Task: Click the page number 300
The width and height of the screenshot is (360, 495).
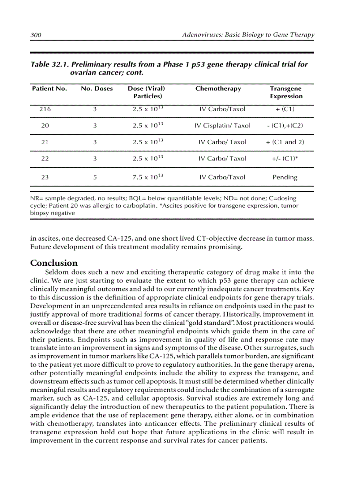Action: click(x=36, y=35)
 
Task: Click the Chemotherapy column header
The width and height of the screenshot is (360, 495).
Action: click(x=218, y=89)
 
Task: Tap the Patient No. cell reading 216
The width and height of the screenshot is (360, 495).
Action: click(x=45, y=109)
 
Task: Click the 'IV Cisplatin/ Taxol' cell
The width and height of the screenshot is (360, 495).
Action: click(x=222, y=126)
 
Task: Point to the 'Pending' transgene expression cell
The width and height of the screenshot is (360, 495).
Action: click(x=285, y=178)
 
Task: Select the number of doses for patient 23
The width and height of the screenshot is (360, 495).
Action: click(x=95, y=178)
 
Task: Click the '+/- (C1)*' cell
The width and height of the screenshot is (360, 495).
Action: click(x=285, y=159)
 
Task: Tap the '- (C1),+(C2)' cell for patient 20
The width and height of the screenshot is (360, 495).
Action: click(x=285, y=126)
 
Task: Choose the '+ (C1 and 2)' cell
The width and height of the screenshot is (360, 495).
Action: click(x=285, y=142)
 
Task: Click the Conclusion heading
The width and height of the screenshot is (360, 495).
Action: click(x=54, y=263)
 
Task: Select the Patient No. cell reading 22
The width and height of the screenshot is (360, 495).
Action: click(x=45, y=159)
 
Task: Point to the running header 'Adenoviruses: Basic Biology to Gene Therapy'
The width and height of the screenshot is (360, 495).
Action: click(x=248, y=35)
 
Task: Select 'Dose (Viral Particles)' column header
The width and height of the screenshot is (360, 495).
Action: click(x=147, y=92)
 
